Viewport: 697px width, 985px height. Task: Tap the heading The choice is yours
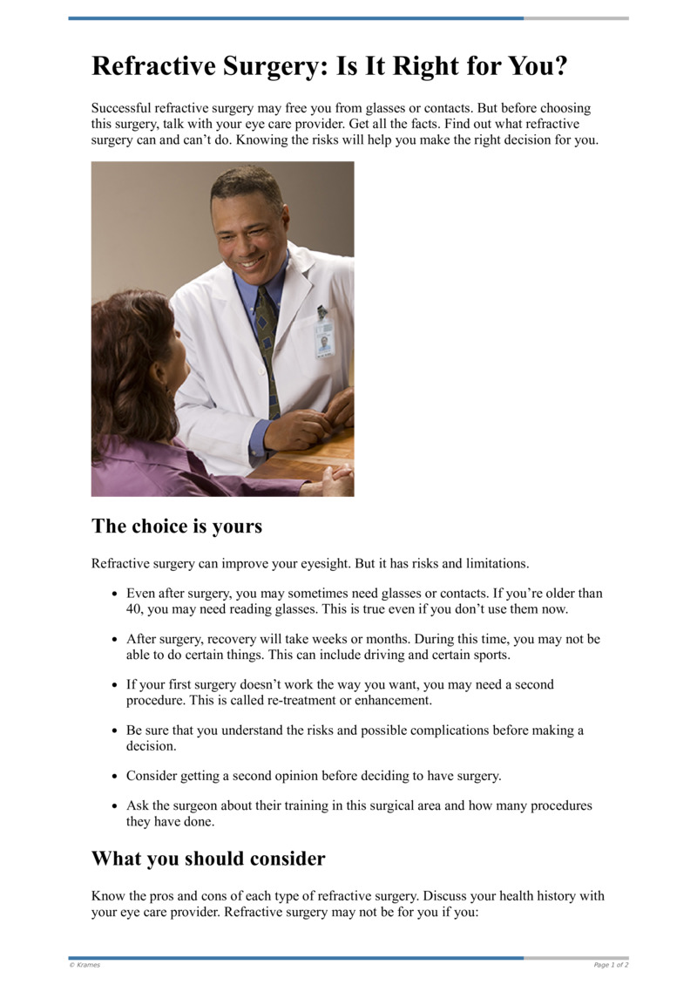click(x=177, y=526)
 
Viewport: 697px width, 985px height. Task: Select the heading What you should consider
click(x=208, y=859)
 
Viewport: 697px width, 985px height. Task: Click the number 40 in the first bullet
click(x=135, y=609)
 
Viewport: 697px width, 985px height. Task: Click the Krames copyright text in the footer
click(x=85, y=965)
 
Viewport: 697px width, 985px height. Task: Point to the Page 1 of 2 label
click(x=611, y=965)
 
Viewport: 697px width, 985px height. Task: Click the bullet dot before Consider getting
click(x=115, y=776)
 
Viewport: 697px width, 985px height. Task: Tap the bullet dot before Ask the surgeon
click(x=115, y=806)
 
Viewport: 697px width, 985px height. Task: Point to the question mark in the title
click(x=558, y=67)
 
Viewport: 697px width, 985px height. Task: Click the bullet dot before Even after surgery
click(x=115, y=594)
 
